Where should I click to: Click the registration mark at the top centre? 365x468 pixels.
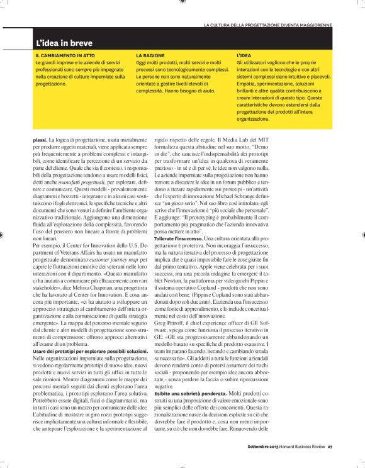182,3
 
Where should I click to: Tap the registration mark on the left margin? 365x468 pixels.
4,234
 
